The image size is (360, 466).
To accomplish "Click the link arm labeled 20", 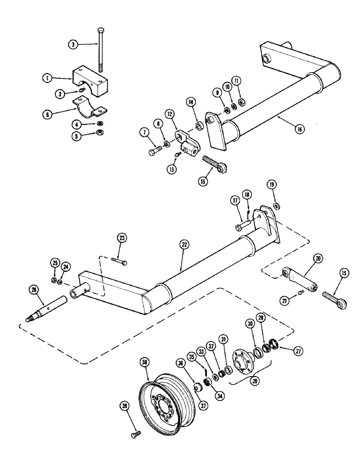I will (x=298, y=279).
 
